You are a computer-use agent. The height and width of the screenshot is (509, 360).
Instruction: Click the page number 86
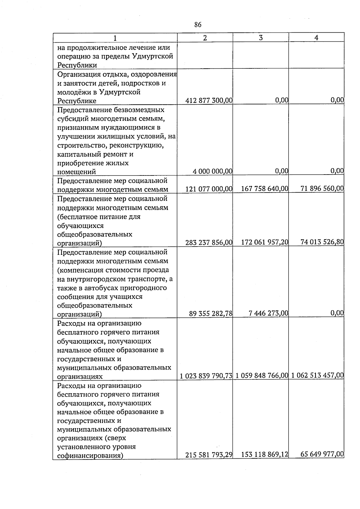(x=198, y=25)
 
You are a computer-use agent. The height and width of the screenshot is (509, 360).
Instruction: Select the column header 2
(x=205, y=38)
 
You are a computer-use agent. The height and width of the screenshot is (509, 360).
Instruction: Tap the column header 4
(x=316, y=38)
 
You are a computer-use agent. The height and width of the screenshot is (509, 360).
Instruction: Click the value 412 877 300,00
(x=209, y=100)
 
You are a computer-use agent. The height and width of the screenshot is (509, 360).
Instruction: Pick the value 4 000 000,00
(x=213, y=171)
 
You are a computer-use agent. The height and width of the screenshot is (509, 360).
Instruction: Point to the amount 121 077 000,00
(x=209, y=189)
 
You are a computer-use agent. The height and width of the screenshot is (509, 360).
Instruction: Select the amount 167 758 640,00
(x=265, y=189)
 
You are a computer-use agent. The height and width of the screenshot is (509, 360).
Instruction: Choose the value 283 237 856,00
(x=209, y=242)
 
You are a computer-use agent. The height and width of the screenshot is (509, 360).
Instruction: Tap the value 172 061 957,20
(x=265, y=242)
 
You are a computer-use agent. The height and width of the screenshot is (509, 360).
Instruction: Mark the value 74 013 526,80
(x=322, y=242)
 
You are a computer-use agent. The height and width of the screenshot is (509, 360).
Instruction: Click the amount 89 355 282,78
(x=211, y=313)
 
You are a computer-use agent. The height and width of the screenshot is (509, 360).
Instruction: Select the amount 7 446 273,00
(x=268, y=313)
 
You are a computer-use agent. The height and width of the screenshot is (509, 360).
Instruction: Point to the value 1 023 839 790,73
(x=206, y=376)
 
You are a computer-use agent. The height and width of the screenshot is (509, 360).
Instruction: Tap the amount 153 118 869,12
(x=265, y=455)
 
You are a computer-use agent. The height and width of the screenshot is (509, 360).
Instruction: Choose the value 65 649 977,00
(x=322, y=454)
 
